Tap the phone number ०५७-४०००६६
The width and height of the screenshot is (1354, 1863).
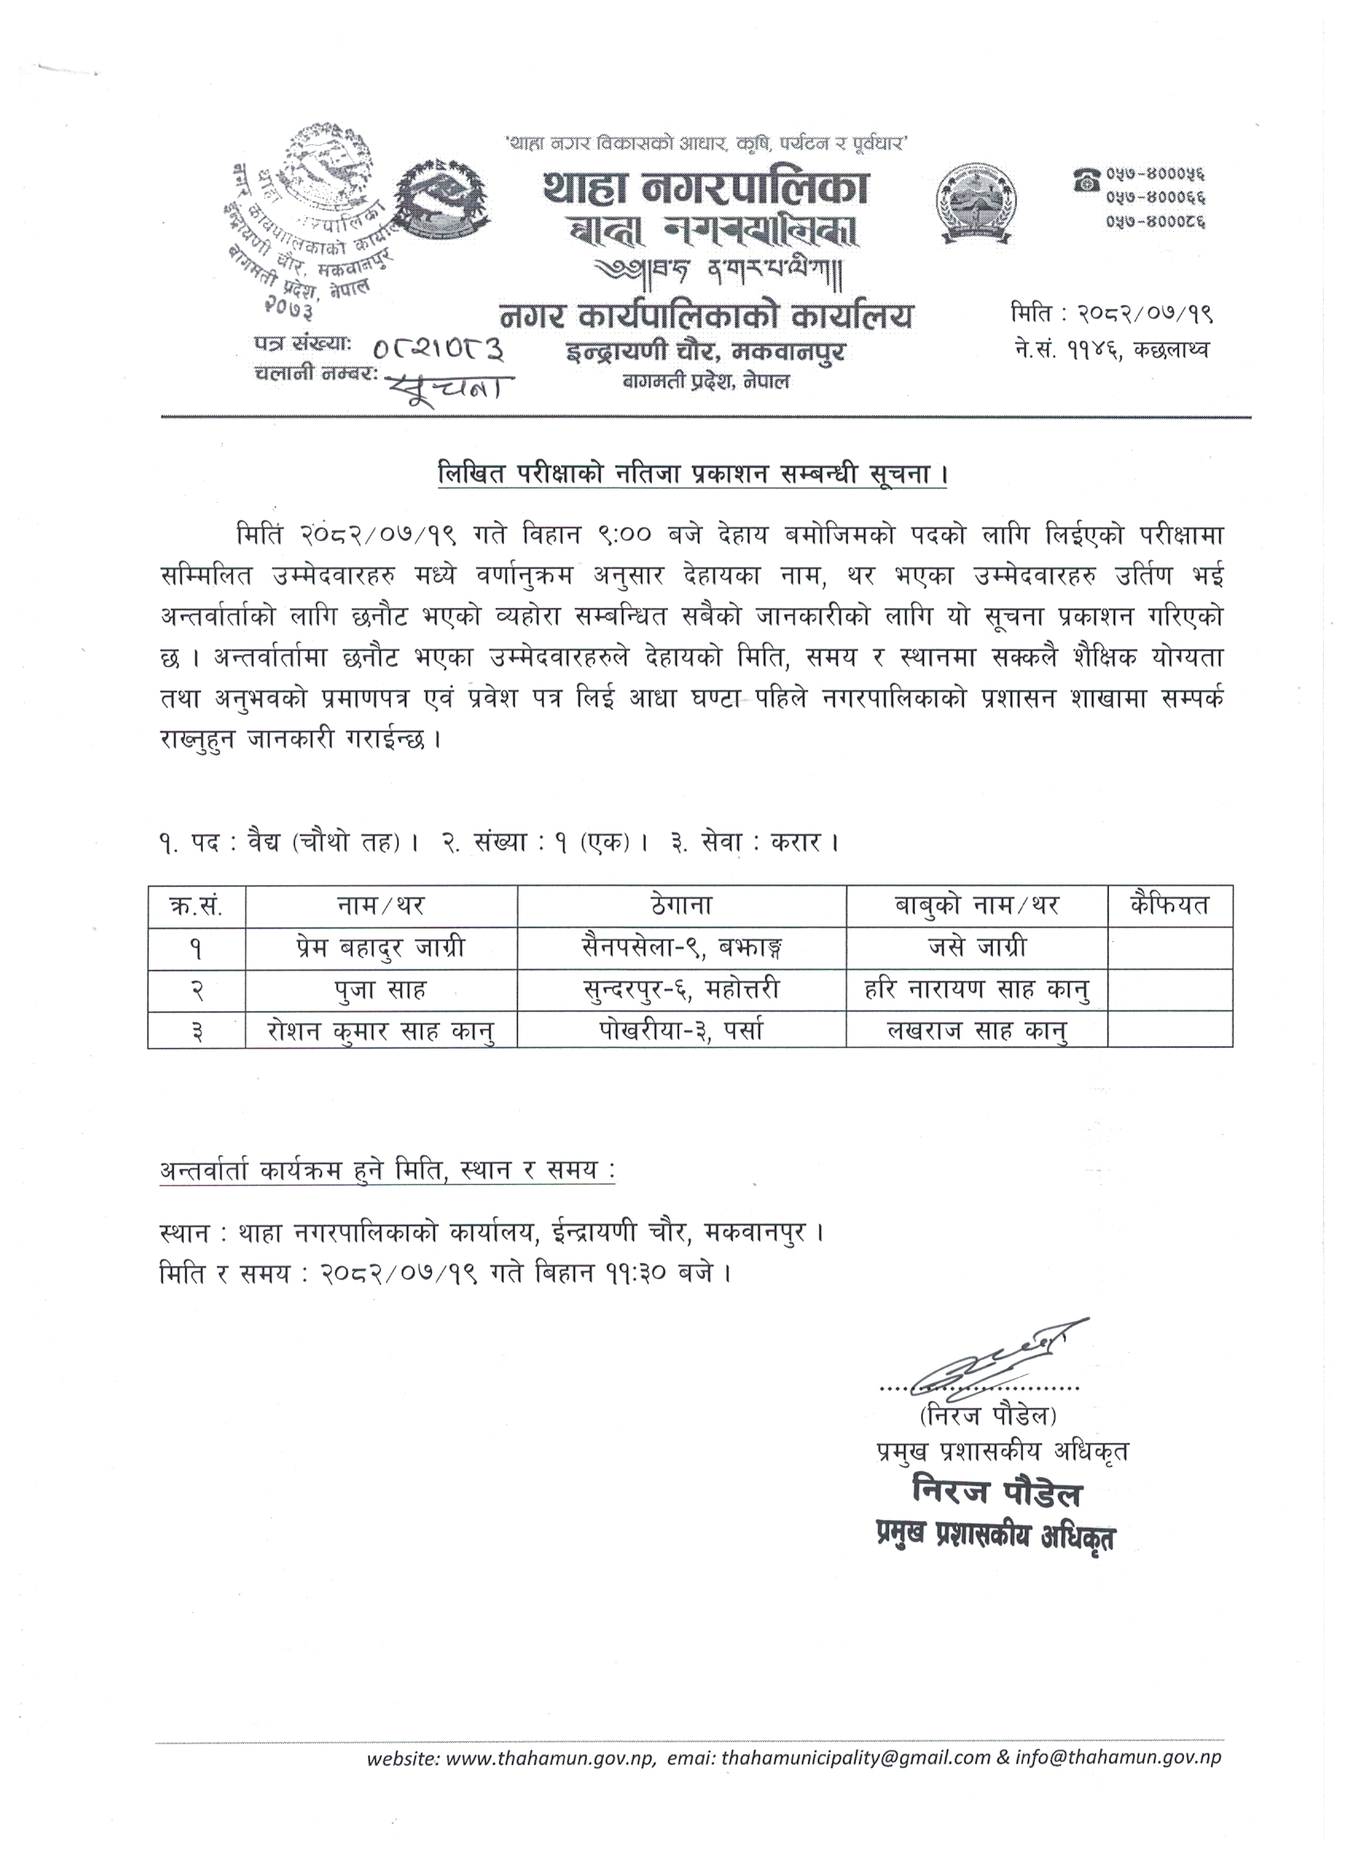(1158, 197)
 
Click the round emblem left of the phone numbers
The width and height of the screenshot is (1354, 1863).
(974, 202)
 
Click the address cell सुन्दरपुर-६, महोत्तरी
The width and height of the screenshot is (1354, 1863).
(681, 990)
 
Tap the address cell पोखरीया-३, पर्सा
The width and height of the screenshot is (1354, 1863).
(681, 1030)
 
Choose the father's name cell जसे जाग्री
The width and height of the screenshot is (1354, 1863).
(976, 949)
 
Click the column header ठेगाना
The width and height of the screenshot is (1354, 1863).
(681, 906)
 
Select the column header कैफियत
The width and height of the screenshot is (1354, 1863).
(1169, 906)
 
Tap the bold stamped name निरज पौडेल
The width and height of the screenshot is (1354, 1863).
(997, 1493)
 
